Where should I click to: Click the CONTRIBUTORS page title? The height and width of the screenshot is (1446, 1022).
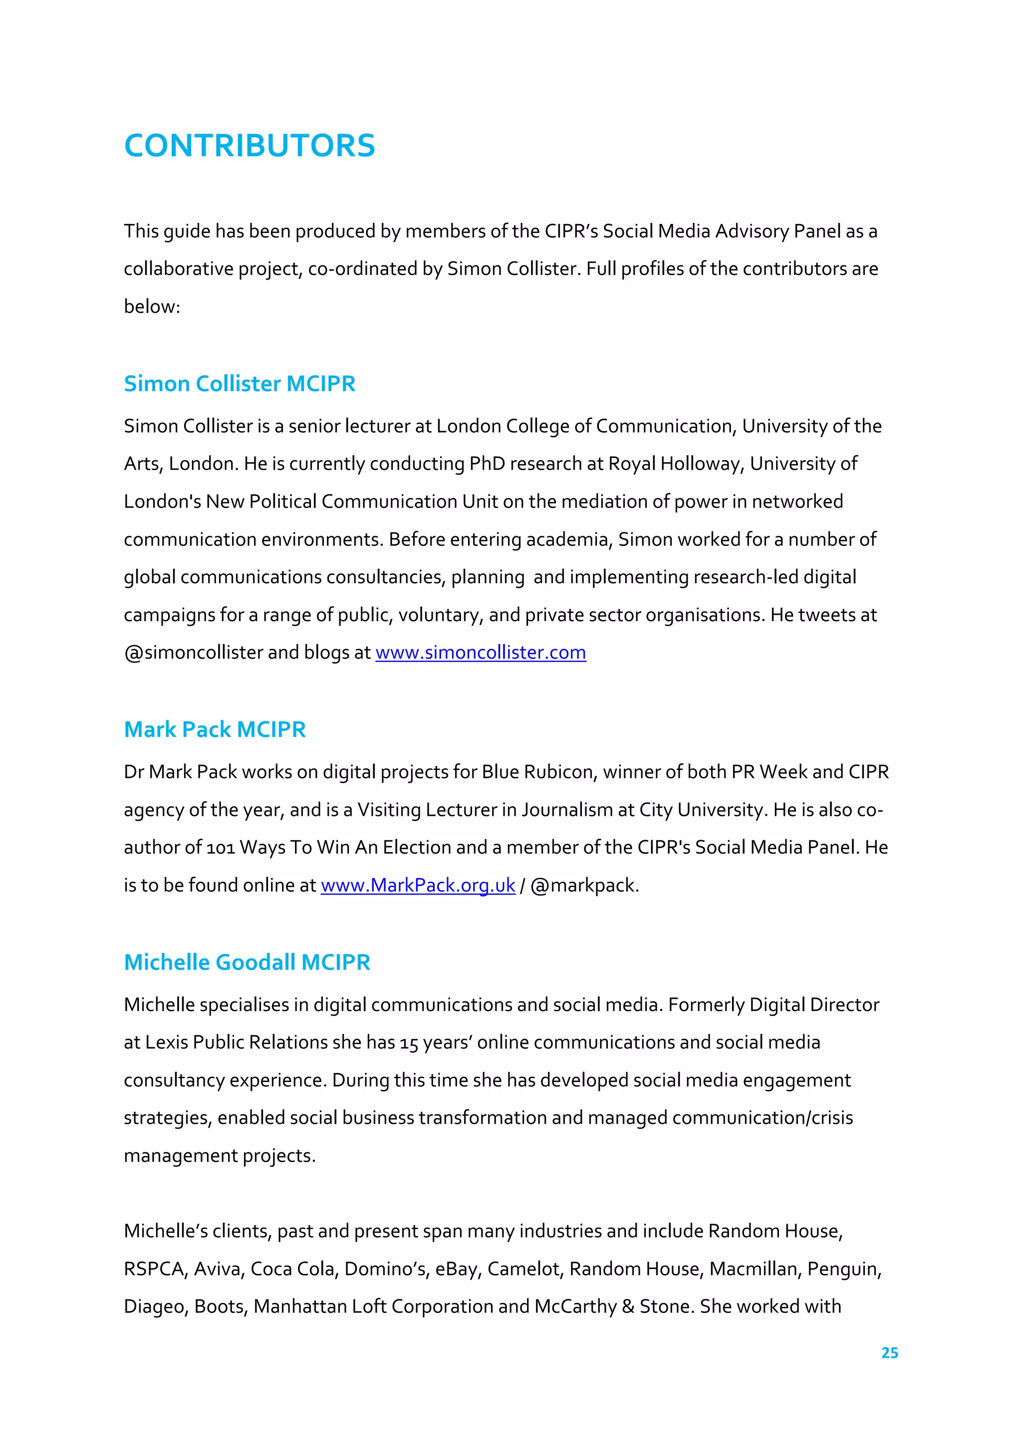(250, 146)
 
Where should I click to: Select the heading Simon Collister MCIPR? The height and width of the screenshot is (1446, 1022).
(240, 384)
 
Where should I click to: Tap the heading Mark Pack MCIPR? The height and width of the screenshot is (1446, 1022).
(215, 729)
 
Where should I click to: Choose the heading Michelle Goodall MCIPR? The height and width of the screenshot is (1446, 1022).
(247, 963)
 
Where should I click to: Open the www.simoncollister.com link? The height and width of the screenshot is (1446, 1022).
(481, 653)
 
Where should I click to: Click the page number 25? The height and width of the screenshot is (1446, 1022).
(889, 1353)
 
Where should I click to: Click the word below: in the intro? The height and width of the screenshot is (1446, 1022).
(152, 307)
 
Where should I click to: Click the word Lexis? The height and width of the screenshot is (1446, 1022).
(166, 1043)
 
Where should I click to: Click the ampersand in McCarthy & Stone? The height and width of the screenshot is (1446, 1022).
(627, 1307)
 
